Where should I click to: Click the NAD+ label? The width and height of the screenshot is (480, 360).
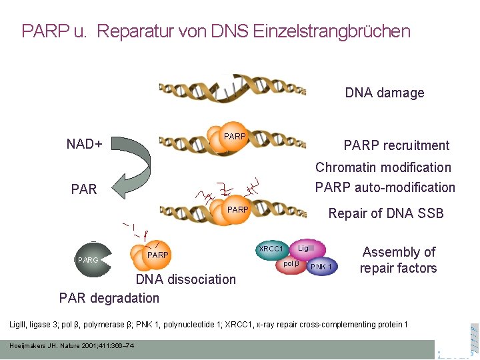click(x=84, y=143)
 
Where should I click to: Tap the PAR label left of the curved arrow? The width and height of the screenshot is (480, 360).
click(x=84, y=189)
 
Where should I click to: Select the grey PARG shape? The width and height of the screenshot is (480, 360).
click(x=87, y=259)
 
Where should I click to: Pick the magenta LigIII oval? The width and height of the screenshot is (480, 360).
click(x=307, y=248)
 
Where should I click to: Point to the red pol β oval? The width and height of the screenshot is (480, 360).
click(x=291, y=265)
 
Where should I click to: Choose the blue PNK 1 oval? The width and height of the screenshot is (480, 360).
click(x=322, y=267)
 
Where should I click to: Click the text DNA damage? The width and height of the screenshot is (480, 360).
click(x=385, y=93)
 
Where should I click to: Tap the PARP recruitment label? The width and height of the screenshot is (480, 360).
click(x=396, y=145)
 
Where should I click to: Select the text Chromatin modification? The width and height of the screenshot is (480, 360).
click(x=383, y=167)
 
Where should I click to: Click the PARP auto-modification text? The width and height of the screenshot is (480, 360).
click(x=385, y=187)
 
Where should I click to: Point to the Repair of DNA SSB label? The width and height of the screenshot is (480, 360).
click(x=386, y=213)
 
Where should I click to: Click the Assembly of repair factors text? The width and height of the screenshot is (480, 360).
click(x=399, y=260)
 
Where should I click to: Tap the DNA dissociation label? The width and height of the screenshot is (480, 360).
click(x=185, y=279)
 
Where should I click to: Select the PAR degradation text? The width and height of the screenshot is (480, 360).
click(x=109, y=297)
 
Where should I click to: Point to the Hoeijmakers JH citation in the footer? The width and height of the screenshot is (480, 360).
click(x=71, y=345)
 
